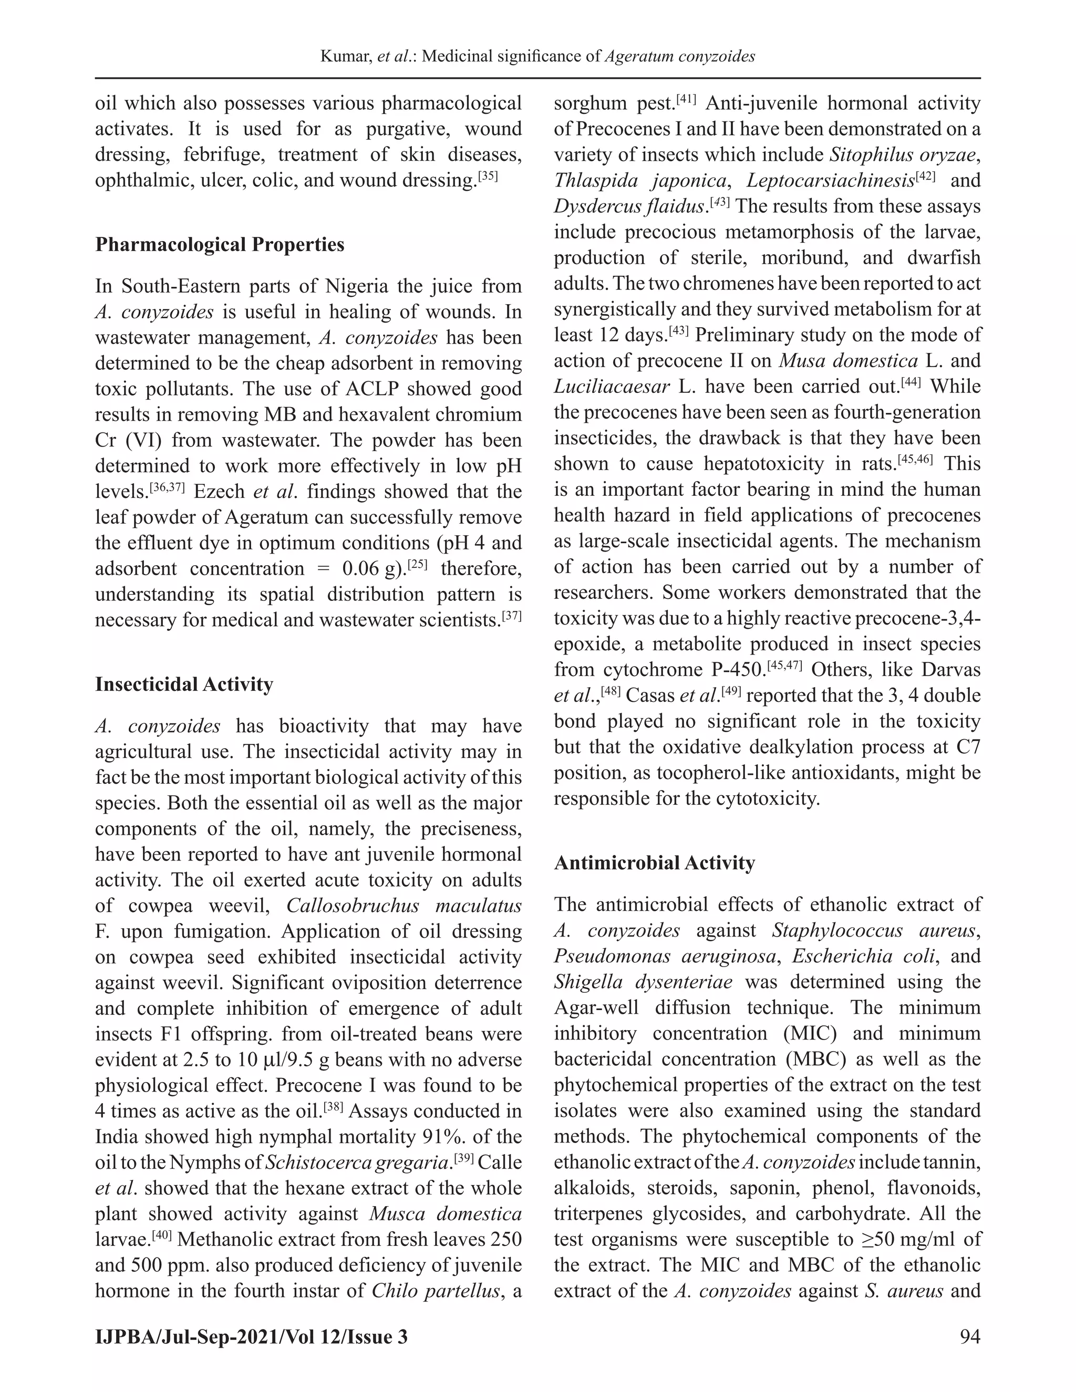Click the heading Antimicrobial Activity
pyautogui.click(x=654, y=863)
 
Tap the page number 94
pyautogui.click(x=969, y=1336)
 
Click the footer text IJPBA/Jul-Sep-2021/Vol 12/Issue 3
pyautogui.click(x=251, y=1336)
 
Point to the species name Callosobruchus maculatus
pyautogui.click(x=403, y=906)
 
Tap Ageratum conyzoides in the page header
pyautogui.click(x=679, y=57)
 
